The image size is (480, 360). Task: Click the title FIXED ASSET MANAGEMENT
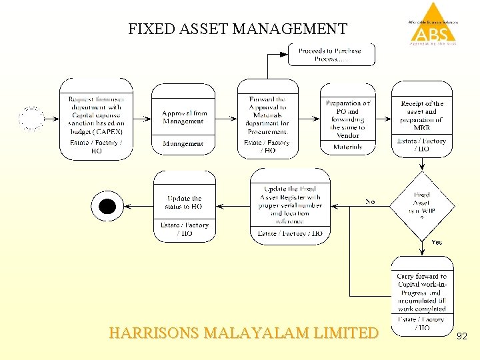tap(237, 29)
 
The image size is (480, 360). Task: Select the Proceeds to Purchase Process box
tap(331, 55)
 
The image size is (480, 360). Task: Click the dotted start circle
tap(31, 119)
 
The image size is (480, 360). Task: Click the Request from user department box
tap(96, 119)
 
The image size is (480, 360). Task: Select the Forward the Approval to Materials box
tap(267, 118)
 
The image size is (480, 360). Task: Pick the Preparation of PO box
tap(347, 118)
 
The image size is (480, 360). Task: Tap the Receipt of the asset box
tap(421, 118)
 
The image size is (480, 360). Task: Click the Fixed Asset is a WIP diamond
tap(421, 205)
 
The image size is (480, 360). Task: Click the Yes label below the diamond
tap(437, 242)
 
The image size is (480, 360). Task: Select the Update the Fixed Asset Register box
tap(290, 205)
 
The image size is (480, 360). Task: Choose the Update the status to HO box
tap(185, 205)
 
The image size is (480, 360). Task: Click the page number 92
tap(461, 337)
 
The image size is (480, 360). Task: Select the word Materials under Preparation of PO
tap(347, 147)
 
